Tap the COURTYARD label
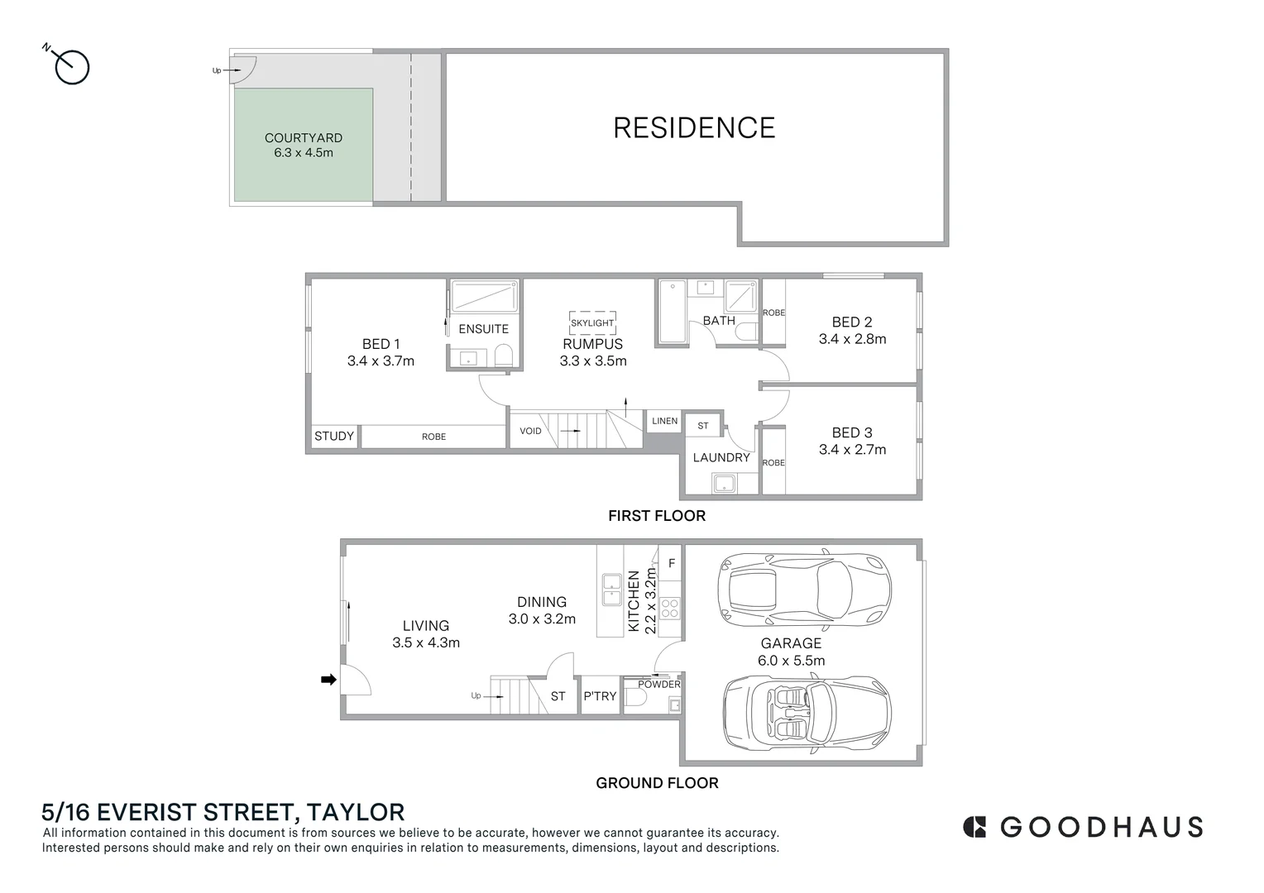(x=303, y=138)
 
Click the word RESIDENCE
(x=694, y=127)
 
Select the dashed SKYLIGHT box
(x=592, y=322)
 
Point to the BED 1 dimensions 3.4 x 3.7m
(x=381, y=361)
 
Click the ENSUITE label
(x=483, y=328)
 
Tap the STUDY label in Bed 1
(x=334, y=436)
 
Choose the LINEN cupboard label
(x=664, y=421)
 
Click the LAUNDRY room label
(x=721, y=457)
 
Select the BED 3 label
(x=851, y=432)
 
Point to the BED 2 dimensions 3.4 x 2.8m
(x=852, y=339)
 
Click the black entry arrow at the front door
(x=328, y=680)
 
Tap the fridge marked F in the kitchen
(x=671, y=563)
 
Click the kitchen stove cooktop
(x=669, y=609)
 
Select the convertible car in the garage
(x=807, y=712)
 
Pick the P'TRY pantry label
(x=600, y=696)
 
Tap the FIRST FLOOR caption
(x=657, y=516)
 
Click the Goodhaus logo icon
(x=974, y=827)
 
